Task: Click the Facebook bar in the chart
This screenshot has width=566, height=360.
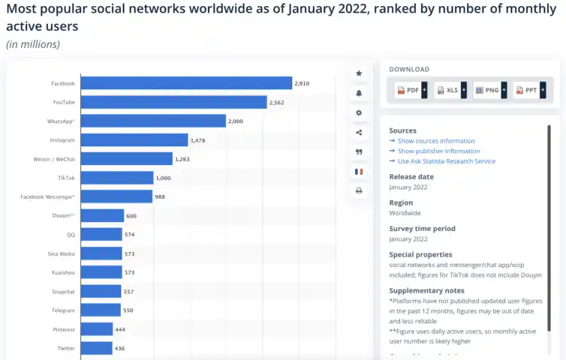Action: [186, 83]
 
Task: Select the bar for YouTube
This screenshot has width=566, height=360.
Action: [173, 102]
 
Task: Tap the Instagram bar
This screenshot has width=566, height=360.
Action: [134, 139]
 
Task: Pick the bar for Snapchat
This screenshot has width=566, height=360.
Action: [101, 291]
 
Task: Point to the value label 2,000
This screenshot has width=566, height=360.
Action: [236, 121]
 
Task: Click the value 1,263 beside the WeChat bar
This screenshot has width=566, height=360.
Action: [183, 159]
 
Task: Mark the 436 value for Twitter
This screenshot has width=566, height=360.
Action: [119, 349]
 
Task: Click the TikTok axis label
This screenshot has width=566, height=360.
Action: [66, 178]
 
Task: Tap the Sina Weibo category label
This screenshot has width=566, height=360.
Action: [61, 253]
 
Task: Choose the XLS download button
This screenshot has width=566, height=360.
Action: [450, 90]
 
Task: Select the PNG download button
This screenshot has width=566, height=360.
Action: [489, 90]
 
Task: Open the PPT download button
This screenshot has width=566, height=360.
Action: [528, 90]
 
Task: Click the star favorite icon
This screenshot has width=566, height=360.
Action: [359, 73]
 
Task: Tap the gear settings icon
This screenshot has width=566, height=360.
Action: [359, 112]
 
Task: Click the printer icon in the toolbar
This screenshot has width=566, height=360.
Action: [359, 190]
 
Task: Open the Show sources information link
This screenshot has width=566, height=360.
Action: [436, 141]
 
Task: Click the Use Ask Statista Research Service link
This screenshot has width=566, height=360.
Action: [446, 161]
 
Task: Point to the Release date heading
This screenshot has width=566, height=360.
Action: [411, 177]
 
